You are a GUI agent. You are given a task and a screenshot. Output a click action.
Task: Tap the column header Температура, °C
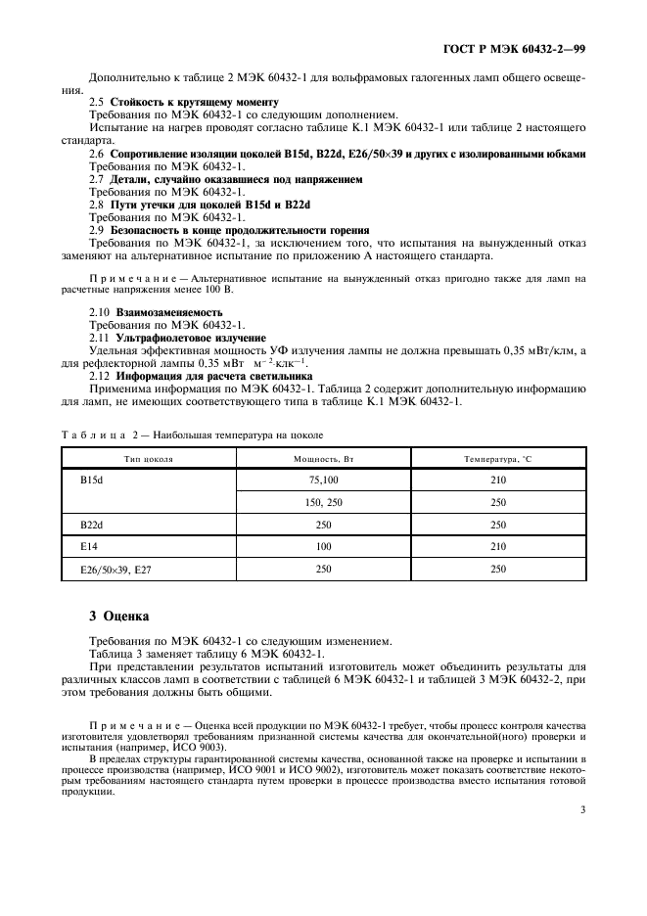click(499, 458)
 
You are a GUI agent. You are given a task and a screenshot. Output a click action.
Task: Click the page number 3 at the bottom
click(582, 809)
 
